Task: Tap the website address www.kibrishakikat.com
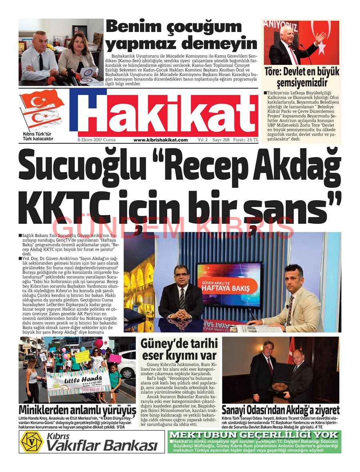click(160, 140)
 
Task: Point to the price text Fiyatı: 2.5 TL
click(246, 140)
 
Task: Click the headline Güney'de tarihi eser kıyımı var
click(178, 349)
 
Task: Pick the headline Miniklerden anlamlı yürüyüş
click(77, 410)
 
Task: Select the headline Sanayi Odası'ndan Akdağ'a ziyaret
click(280, 410)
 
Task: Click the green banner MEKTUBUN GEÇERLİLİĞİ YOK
click(255, 435)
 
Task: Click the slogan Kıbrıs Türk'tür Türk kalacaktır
click(38, 136)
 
